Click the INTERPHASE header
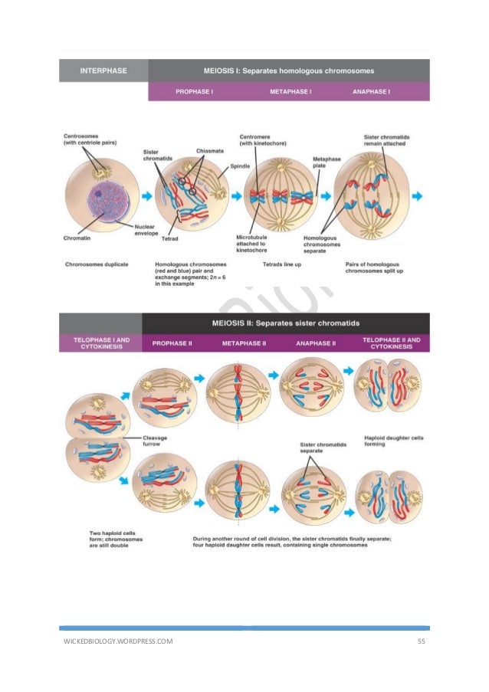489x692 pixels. click(104, 71)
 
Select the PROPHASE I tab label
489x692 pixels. click(195, 92)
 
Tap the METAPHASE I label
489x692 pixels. click(290, 92)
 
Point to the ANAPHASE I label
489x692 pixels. click(371, 92)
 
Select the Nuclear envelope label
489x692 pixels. click(146, 230)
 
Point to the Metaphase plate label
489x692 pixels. click(321, 163)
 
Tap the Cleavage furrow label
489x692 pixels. click(156, 441)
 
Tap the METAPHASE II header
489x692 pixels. click(244, 343)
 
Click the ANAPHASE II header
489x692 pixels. click(316, 343)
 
